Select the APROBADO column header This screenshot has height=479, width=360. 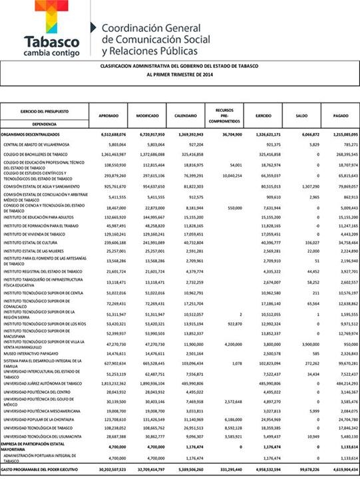coord(108,116)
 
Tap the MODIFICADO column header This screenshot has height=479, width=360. coord(147,116)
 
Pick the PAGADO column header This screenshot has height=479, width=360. coord(340,116)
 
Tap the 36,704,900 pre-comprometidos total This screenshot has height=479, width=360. coord(228,134)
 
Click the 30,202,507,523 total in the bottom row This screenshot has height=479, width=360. coord(109,470)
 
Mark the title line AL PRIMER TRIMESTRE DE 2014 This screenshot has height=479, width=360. coord(180,76)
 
